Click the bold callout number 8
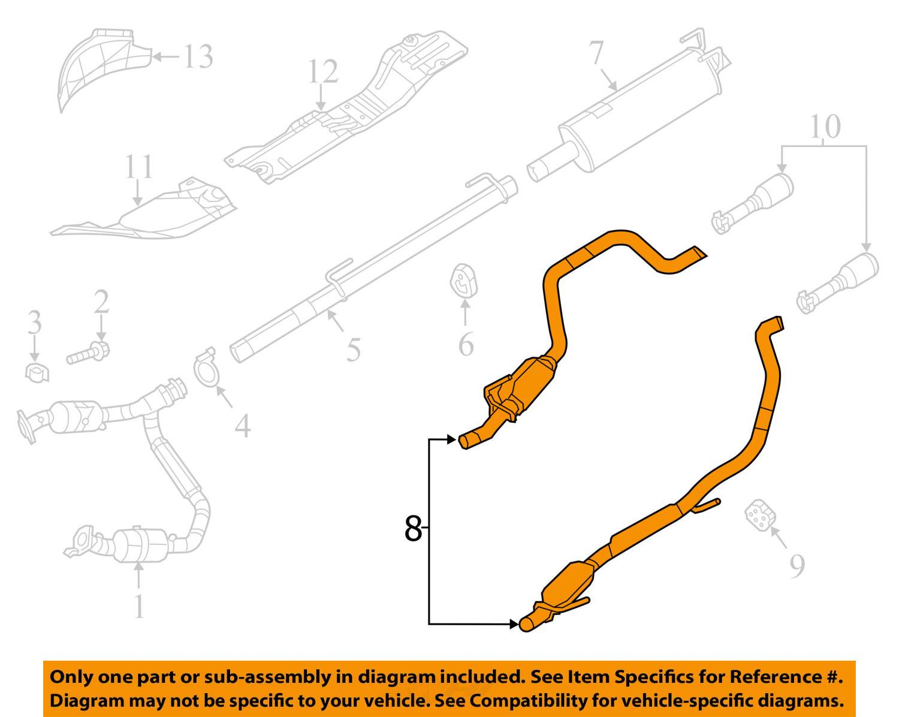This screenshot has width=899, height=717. pyautogui.click(x=413, y=528)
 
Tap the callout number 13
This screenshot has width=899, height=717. pyautogui.click(x=198, y=57)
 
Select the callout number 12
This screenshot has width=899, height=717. pyautogui.click(x=323, y=71)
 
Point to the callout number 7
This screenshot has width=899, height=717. pyautogui.click(x=596, y=53)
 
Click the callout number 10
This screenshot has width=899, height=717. pyautogui.click(x=825, y=126)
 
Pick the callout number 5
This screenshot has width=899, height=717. pyautogui.click(x=354, y=350)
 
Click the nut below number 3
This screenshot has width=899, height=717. pyautogui.click(x=37, y=373)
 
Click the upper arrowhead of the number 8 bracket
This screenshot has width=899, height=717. pyautogui.click(x=452, y=439)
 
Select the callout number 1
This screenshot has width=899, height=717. pyautogui.click(x=138, y=607)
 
